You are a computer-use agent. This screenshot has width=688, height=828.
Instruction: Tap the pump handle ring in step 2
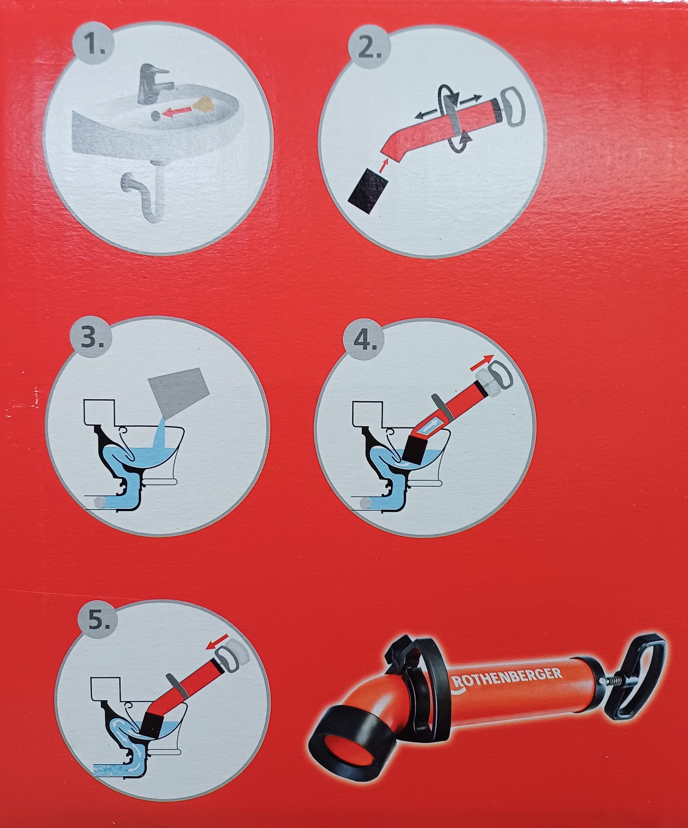(x=513, y=107)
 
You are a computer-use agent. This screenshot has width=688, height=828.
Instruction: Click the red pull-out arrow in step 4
(x=482, y=361)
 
